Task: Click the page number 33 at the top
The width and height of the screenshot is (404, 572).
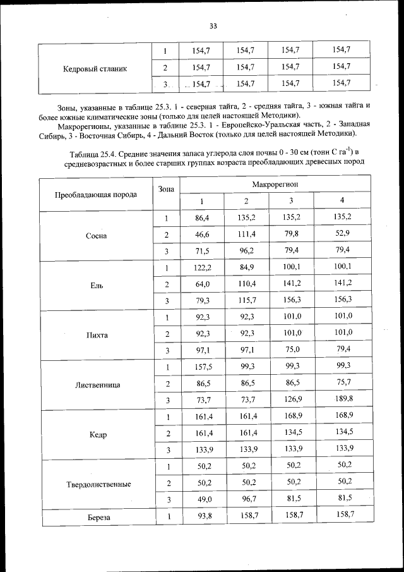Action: coord(213,26)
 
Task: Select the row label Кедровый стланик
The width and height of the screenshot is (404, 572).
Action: coord(95,68)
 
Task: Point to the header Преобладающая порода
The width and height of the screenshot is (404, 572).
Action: coord(96,195)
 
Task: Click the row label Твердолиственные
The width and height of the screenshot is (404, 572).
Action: coord(98,484)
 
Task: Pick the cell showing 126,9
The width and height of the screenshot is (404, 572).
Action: coord(291,399)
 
